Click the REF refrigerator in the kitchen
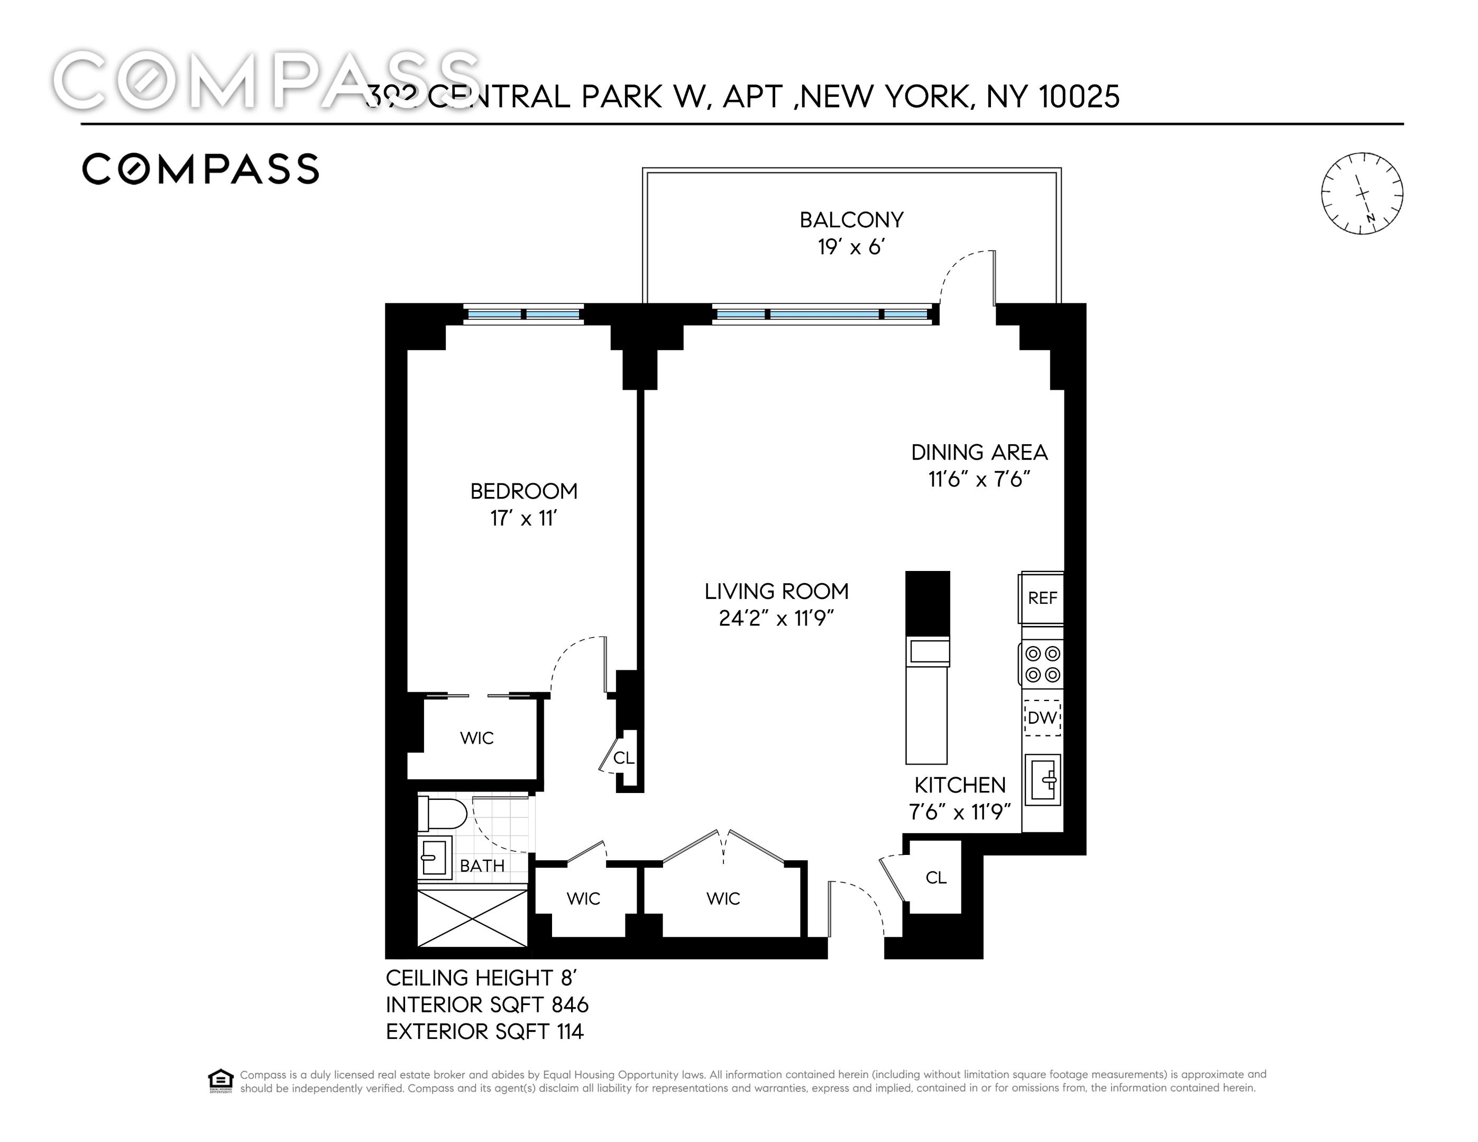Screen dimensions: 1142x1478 pyautogui.click(x=1042, y=597)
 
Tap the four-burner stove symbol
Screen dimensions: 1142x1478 pyautogui.click(x=1042, y=664)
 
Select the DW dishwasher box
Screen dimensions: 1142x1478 pyautogui.click(x=1042, y=717)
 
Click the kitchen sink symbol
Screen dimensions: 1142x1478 pyautogui.click(x=1042, y=780)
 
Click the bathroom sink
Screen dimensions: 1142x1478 pyautogui.click(x=434, y=858)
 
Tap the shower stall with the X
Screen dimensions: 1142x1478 pyautogui.click(x=472, y=918)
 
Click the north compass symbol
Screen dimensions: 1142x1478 pyautogui.click(x=1362, y=194)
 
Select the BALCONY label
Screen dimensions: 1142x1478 pyautogui.click(x=851, y=220)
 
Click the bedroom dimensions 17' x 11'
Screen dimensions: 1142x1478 pyautogui.click(x=523, y=518)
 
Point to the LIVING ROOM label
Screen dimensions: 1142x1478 pyautogui.click(x=776, y=591)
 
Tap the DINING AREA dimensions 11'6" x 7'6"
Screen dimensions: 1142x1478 pyautogui.click(x=979, y=480)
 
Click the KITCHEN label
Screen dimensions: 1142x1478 pyautogui.click(x=960, y=785)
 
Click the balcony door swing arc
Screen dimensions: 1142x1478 pyautogui.click(x=965, y=271)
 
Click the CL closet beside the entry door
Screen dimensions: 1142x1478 pyautogui.click(x=935, y=878)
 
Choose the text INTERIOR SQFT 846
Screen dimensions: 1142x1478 pyautogui.click(x=486, y=1005)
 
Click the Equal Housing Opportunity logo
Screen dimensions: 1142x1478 pyautogui.click(x=221, y=1081)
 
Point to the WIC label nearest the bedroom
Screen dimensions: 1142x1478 pyautogui.click(x=476, y=738)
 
